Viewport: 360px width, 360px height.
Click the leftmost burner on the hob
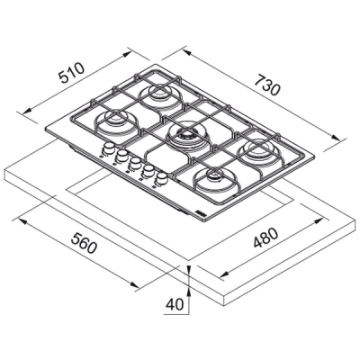pos(117,120)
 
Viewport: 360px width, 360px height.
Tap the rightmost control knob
pos(163,179)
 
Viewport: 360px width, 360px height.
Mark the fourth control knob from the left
pos(148,172)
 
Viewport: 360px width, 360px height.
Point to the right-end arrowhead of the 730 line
pos(342,140)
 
